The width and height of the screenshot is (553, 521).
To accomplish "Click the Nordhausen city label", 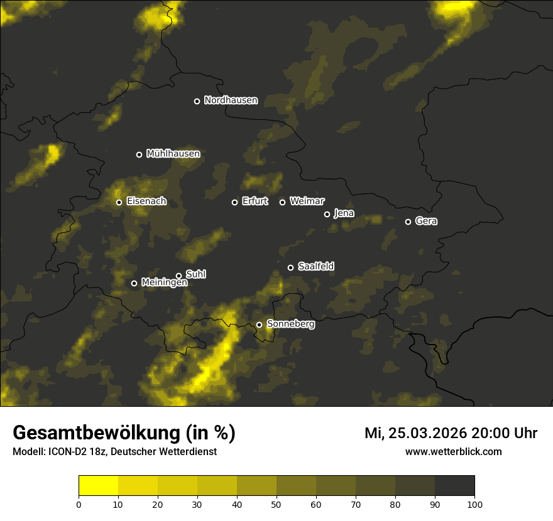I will point(231,100).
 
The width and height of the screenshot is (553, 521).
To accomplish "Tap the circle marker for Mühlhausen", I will point(140,154).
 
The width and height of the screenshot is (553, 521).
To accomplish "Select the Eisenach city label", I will point(146,201).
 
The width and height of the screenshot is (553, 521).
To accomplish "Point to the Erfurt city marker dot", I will point(235,202).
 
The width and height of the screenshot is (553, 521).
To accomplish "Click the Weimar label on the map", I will point(307,201).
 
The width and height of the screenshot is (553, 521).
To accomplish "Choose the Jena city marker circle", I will point(327,214).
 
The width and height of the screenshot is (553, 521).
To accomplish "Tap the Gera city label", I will point(426,221).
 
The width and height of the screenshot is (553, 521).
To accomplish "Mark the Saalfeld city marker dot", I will point(291,267).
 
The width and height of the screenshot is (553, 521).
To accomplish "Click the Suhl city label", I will point(195,274).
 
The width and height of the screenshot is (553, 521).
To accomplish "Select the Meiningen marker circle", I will point(134,283).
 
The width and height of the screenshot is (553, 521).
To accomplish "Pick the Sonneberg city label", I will point(290,324).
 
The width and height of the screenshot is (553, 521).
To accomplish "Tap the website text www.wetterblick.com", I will point(454,451).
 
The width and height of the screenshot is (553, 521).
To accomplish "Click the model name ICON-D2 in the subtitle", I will point(67,452).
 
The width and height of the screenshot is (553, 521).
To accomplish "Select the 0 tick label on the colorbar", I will point(79,504).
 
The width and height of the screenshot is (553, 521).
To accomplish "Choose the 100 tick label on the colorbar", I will point(474,504).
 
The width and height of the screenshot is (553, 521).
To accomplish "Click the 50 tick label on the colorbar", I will point(276,504).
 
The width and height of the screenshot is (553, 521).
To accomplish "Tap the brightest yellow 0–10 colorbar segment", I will point(99,486).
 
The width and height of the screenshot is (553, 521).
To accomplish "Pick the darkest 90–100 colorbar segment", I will point(454,486).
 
